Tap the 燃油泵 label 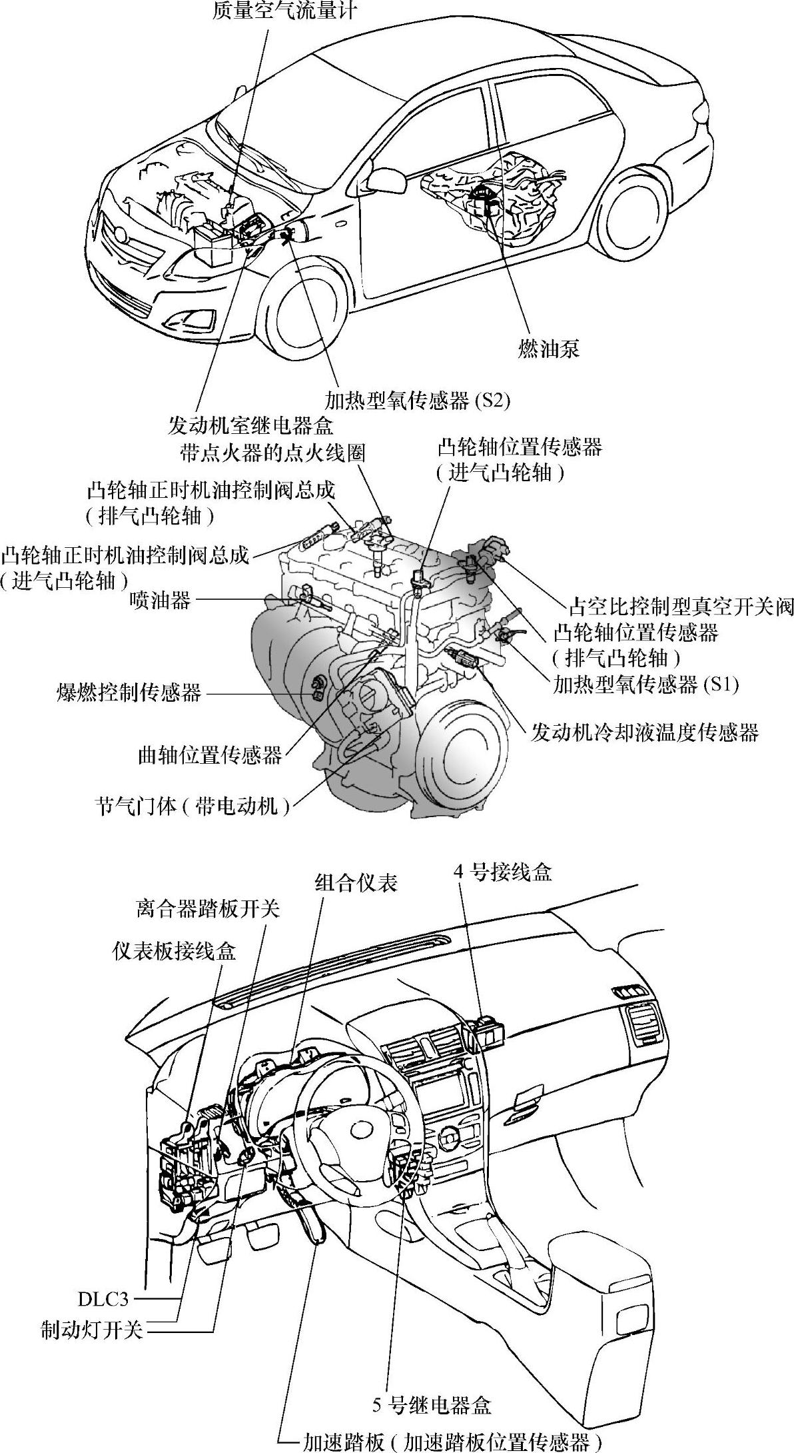[548, 349]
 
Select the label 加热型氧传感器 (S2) [417, 399]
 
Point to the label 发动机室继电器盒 [250, 425]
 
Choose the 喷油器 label [160, 601]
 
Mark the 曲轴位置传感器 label [208, 755]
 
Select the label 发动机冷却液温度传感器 [644, 732]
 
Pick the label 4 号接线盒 [504, 872]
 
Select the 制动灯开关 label [92, 1327]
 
